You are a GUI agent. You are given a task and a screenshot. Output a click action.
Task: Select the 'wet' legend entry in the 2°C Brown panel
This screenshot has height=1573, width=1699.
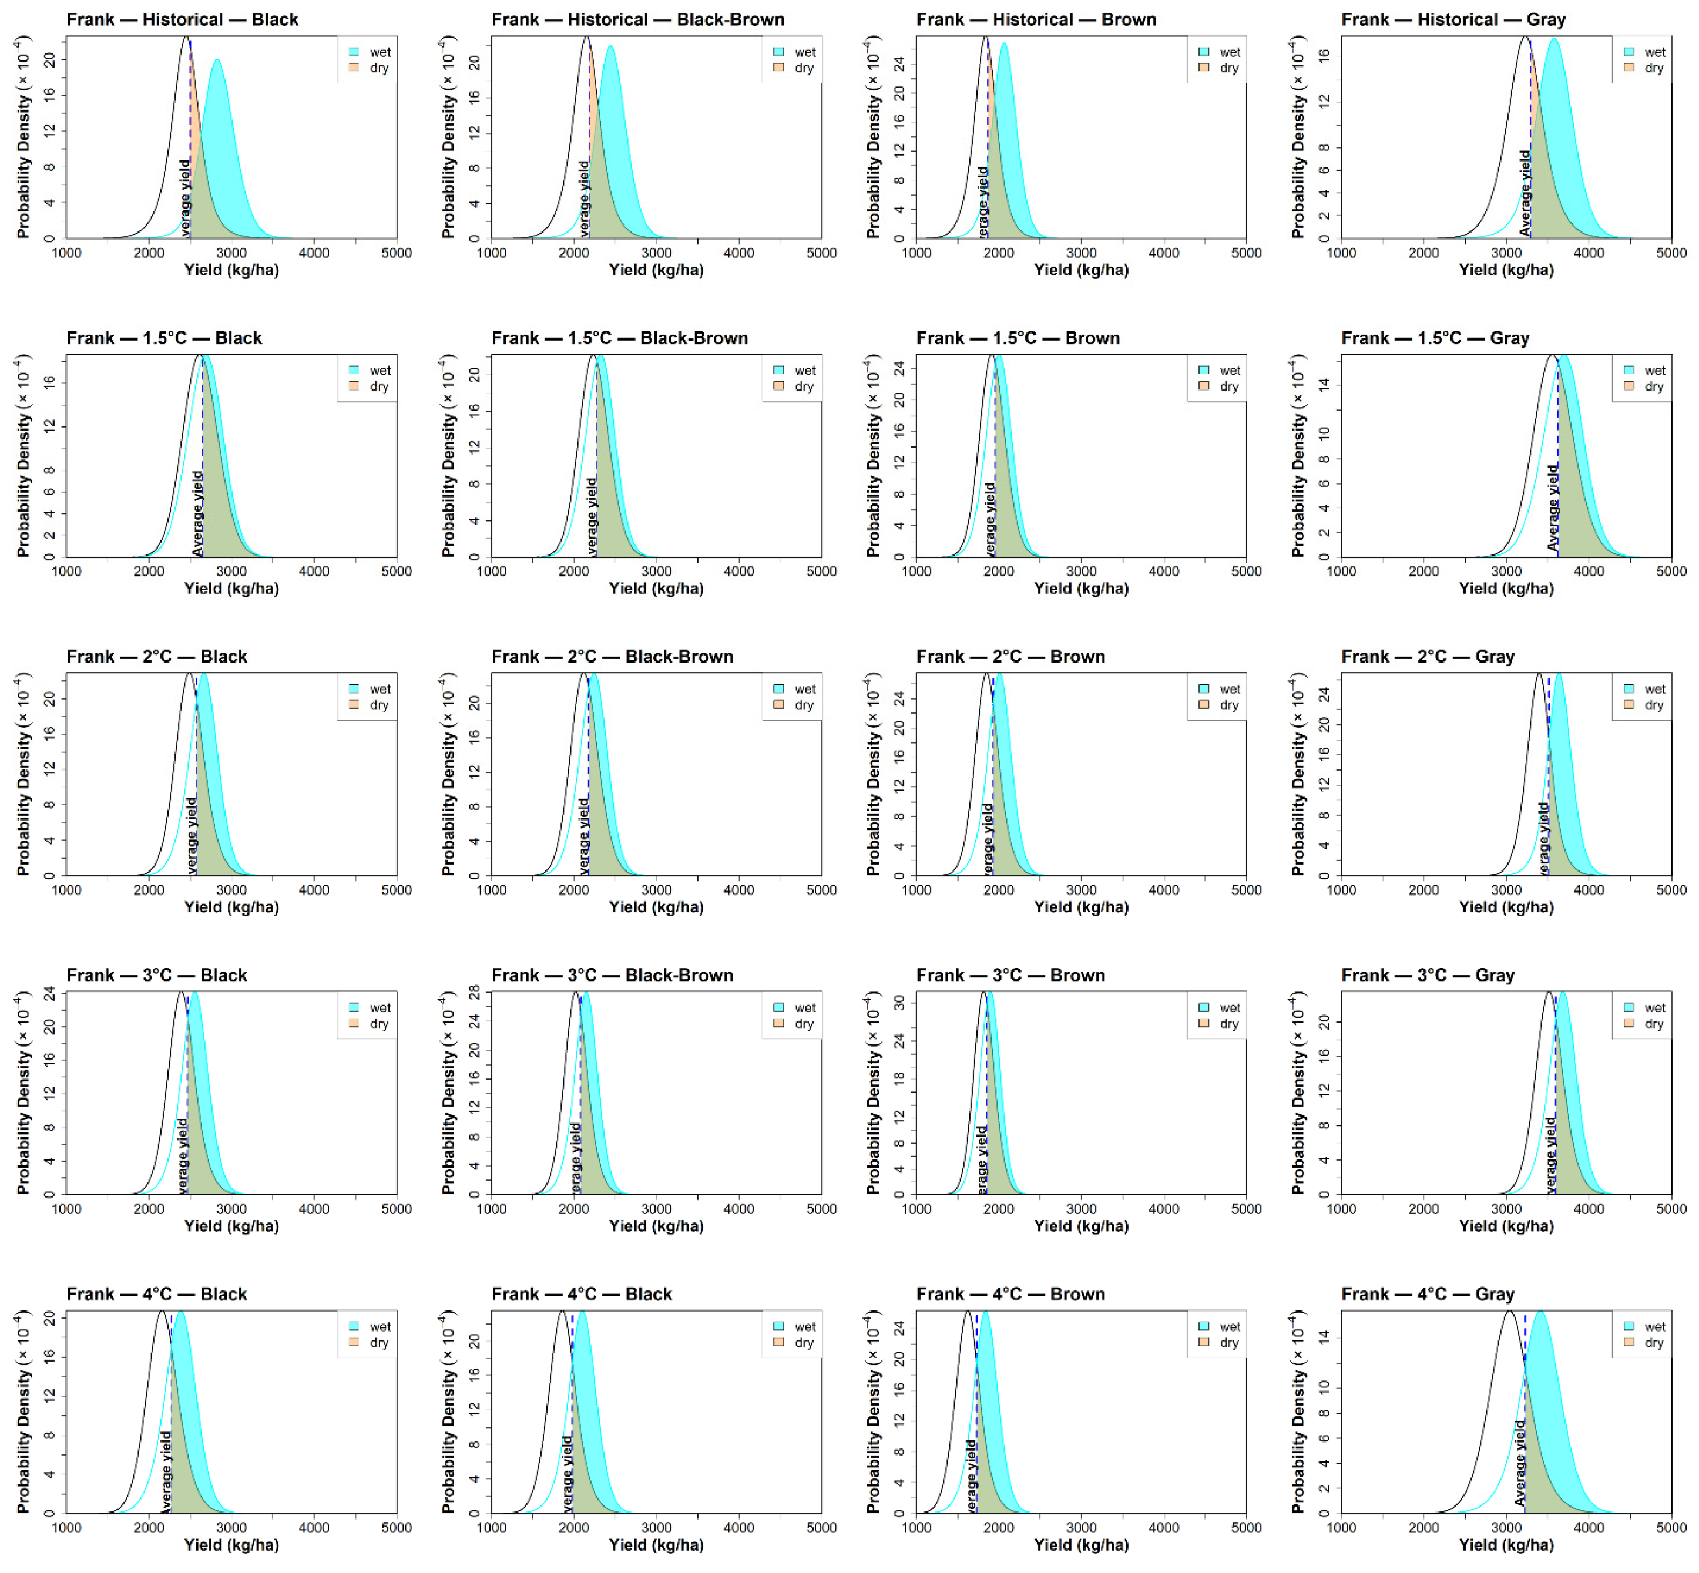[x=1229, y=688]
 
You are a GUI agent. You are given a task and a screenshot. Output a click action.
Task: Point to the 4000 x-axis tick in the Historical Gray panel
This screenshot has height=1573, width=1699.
[x=1589, y=253]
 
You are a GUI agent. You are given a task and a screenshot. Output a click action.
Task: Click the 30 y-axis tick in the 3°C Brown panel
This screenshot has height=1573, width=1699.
[x=899, y=1002]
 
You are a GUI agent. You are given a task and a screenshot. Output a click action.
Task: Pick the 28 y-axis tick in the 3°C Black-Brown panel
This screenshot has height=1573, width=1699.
[x=475, y=993]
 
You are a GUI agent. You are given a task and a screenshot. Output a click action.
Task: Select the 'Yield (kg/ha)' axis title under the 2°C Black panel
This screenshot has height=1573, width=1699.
[x=231, y=906]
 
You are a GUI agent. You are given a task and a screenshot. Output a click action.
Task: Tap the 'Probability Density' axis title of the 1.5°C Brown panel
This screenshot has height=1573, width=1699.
[x=872, y=456]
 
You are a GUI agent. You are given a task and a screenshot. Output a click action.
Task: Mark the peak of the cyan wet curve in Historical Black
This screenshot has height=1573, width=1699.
[x=217, y=60]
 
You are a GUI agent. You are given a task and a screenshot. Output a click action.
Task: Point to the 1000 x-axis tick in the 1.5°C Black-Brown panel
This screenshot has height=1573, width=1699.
[x=491, y=571]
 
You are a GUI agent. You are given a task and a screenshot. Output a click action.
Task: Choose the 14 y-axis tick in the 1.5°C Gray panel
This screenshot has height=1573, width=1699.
[x=1324, y=385]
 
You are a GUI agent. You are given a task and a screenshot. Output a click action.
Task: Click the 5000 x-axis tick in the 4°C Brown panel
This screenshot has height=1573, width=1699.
[x=1246, y=1527]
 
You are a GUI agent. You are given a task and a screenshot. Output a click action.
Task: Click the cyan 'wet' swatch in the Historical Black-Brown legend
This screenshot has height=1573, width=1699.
[x=778, y=52]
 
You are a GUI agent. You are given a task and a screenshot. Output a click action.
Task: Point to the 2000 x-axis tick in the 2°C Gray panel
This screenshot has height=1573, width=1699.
[x=1423, y=889]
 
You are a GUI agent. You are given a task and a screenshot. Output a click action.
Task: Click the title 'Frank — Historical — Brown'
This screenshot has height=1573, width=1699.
[x=1036, y=19]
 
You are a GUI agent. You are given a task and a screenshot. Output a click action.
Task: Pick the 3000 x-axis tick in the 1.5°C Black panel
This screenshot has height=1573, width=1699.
[x=231, y=571]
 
